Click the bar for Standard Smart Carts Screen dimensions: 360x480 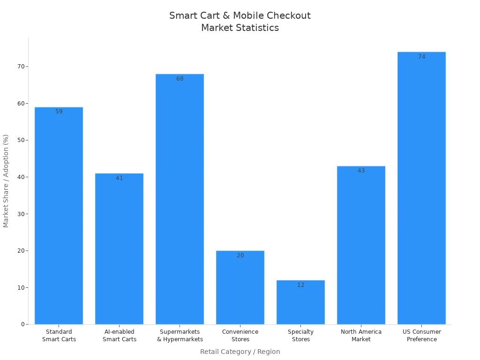tap(59, 216)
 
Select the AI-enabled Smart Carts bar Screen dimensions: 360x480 tap(119, 249)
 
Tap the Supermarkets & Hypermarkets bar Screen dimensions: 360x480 tap(180, 199)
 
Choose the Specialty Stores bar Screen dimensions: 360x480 tap(300, 302)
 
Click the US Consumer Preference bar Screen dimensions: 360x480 tap(421, 188)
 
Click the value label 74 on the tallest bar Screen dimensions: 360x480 tap(421, 57)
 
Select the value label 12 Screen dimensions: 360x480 tap(300, 285)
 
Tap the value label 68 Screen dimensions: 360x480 tap(180, 79)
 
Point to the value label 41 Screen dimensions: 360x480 tap(119, 178)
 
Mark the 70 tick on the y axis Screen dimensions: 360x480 tap(21, 67)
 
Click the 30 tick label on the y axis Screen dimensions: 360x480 tap(21, 214)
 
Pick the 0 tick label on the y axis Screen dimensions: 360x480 tap(22, 324)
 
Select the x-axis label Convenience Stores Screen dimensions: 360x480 tap(240, 336)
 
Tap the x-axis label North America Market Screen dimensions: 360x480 tap(361, 336)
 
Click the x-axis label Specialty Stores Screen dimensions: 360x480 tap(300, 336)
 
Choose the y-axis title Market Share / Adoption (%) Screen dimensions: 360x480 tap(6, 181)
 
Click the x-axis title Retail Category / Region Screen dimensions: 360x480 tap(240, 352)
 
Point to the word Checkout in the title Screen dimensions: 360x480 tap(288, 15)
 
